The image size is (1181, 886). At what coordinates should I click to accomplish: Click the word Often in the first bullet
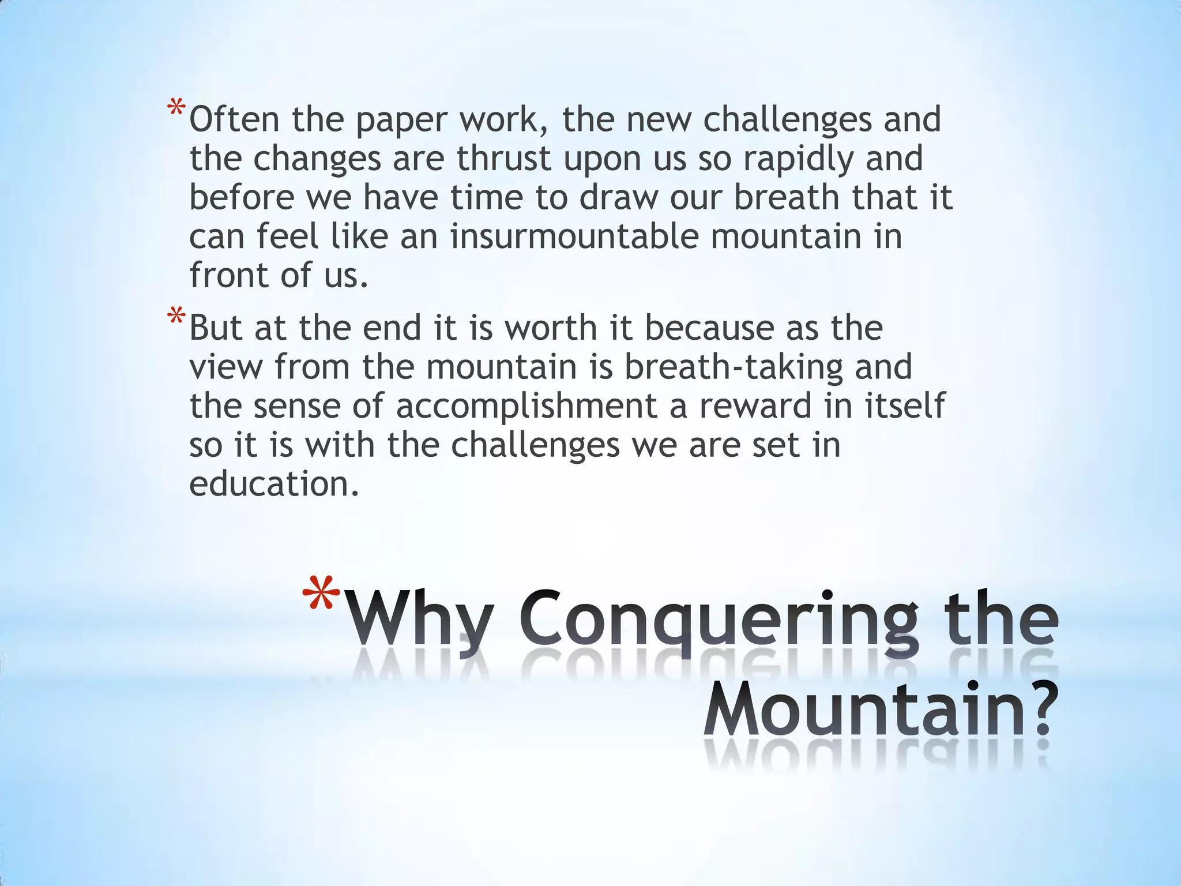234,119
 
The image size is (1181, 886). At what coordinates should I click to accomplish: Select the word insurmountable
574,236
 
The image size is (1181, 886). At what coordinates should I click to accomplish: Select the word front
228,275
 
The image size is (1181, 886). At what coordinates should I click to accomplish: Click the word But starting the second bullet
216,328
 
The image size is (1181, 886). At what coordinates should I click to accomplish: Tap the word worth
551,328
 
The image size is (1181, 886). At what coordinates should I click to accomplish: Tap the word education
274,483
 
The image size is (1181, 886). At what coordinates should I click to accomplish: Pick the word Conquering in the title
718,623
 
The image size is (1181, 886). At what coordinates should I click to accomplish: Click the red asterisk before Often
176,108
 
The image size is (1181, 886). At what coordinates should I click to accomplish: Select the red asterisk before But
176,317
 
